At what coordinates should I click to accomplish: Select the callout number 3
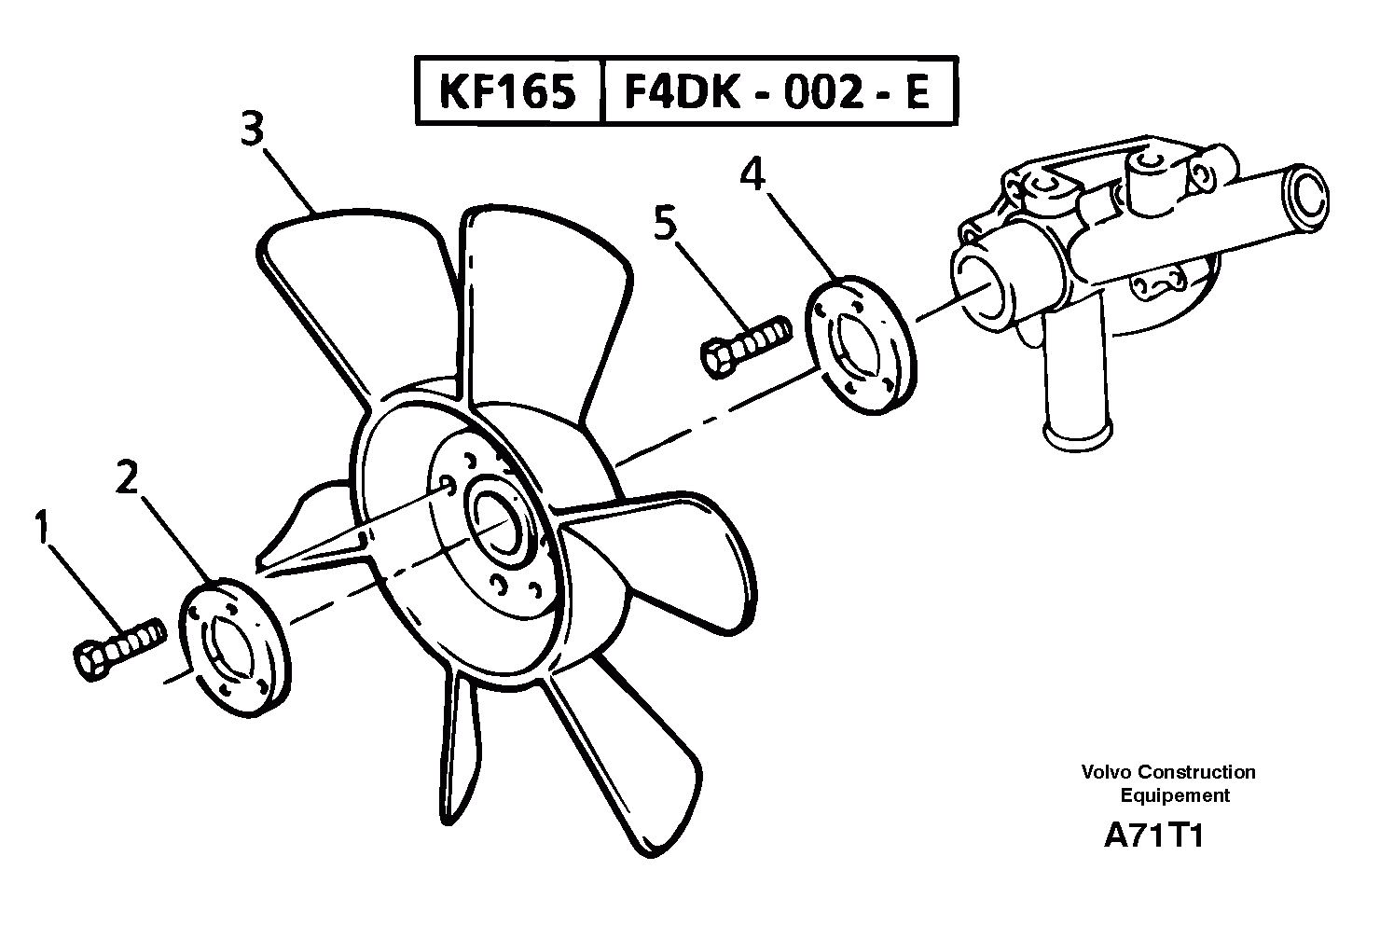click(252, 129)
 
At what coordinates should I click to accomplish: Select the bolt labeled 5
click(744, 345)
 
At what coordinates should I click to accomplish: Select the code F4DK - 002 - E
click(777, 92)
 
